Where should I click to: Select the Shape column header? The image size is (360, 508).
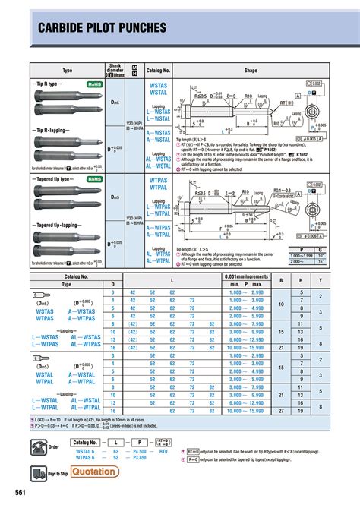coord(251,70)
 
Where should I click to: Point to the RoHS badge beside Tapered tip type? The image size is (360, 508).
coord(95,180)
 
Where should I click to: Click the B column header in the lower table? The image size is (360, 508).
coord(282,281)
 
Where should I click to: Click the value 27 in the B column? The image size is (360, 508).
coord(282,411)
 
